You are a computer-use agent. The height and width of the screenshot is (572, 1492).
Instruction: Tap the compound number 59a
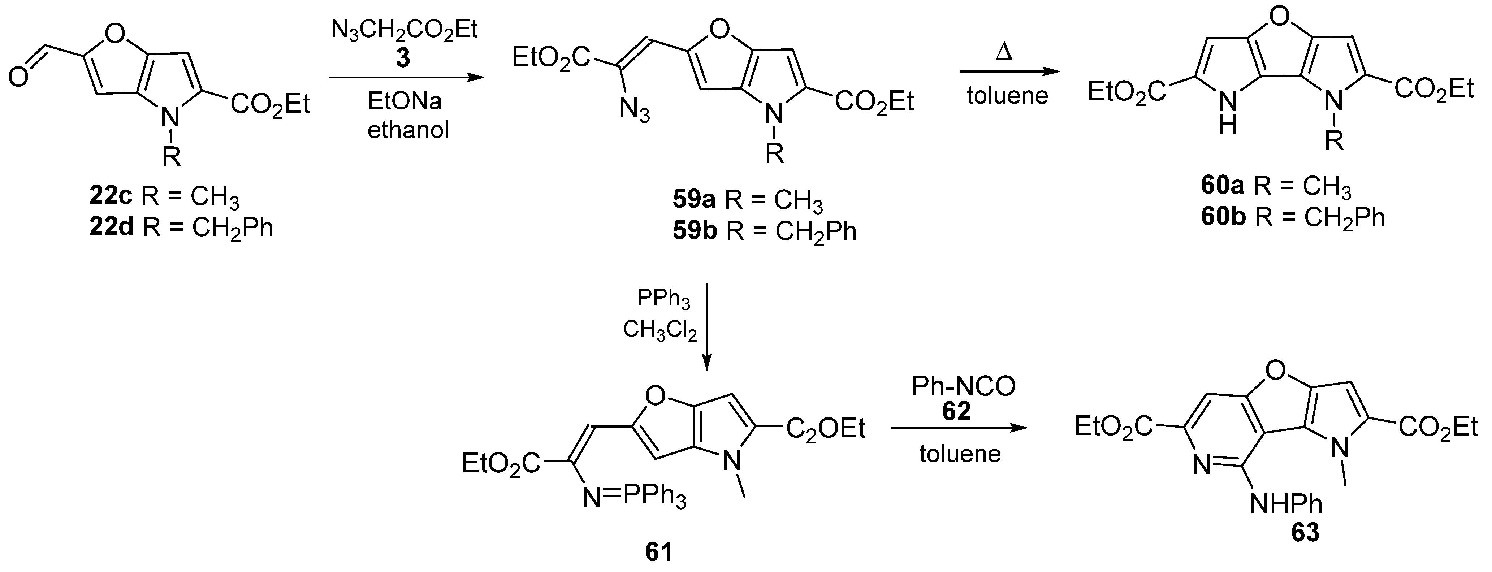pyautogui.click(x=694, y=200)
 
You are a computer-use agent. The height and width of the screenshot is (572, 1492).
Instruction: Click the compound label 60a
pyautogui.click(x=1223, y=186)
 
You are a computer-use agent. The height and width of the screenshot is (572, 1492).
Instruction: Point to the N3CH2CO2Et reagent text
pyautogui.click(x=404, y=29)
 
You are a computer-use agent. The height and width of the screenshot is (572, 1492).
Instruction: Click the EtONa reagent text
pyautogui.click(x=405, y=102)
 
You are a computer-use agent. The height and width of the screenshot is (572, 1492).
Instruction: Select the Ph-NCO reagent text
pyautogui.click(x=964, y=386)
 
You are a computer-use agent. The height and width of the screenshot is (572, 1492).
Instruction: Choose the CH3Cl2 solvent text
pyautogui.click(x=660, y=330)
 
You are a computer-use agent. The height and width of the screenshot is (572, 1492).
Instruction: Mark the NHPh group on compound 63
pyautogui.click(x=1286, y=504)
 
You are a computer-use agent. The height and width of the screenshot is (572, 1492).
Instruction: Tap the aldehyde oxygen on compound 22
pyautogui.click(x=18, y=77)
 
